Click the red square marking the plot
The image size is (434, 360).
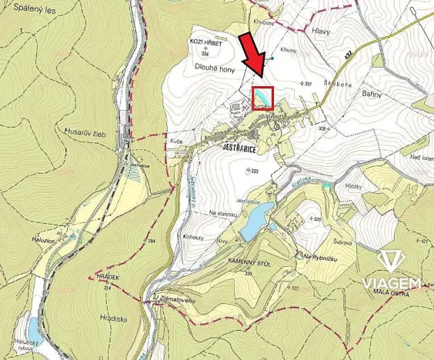click(x=263, y=97)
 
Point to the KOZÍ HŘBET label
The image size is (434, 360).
click(x=205, y=44)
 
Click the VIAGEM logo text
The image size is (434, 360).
click(x=392, y=282)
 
